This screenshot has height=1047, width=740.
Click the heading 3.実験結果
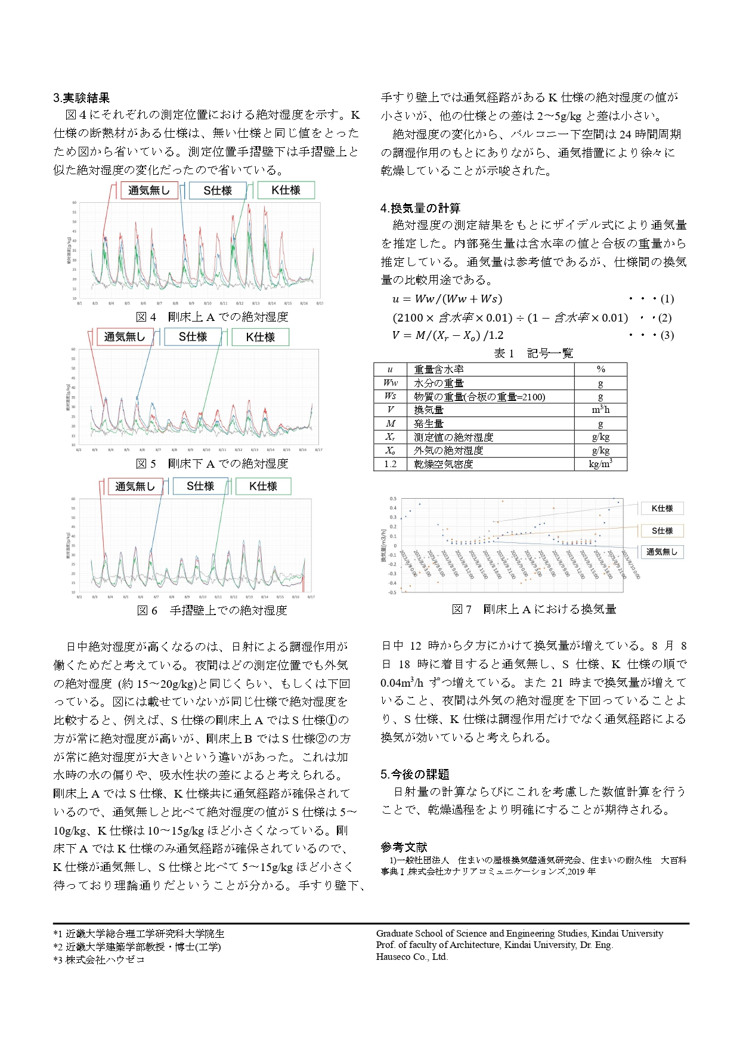point(82,98)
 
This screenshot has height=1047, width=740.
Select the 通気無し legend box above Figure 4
point(149,190)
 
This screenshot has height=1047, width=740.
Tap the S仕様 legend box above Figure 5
point(193,337)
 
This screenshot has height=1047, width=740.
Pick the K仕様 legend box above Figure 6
point(263,486)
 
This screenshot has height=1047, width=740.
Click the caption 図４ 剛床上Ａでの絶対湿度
point(212,317)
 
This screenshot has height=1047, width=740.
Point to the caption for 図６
point(212,610)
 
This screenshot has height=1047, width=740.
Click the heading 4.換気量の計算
point(420,208)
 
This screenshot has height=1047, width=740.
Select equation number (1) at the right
point(667,299)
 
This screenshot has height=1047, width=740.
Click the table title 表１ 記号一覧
point(533,353)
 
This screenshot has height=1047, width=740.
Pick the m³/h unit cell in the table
point(600,410)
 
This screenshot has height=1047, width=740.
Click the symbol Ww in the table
point(390,383)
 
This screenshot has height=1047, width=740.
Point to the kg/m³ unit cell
point(600,464)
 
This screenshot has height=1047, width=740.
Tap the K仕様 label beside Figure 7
point(662,508)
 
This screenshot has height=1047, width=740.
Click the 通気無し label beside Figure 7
point(662,552)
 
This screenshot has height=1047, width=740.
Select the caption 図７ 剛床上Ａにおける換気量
point(534,609)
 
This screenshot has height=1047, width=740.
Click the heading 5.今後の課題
point(415,774)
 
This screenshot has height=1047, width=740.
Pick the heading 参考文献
point(404,847)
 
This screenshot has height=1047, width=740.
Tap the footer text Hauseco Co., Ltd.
point(412,957)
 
